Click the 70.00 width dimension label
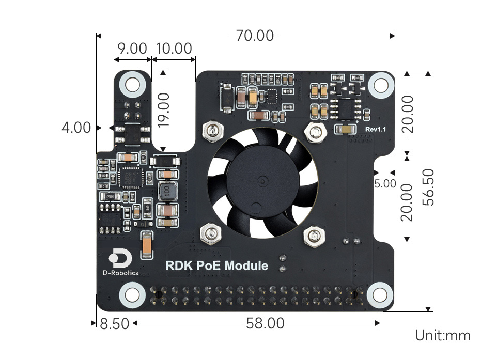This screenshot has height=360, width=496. (x=255, y=36)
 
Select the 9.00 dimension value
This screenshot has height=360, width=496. (x=132, y=49)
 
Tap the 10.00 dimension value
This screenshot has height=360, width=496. (x=174, y=49)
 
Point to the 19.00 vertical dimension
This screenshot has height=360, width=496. (x=163, y=110)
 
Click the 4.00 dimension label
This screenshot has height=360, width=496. (x=76, y=128)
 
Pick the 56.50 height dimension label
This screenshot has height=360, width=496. (x=428, y=187)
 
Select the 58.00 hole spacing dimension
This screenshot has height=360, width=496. (x=265, y=323)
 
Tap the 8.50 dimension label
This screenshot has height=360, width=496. (x=114, y=324)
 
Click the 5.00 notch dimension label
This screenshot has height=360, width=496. (x=385, y=183)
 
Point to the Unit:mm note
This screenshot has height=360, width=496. (x=443, y=335)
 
